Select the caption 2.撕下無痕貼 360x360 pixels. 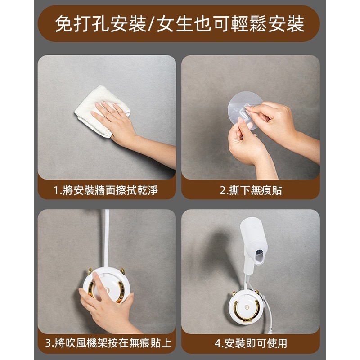pyautogui.click(x=251, y=190)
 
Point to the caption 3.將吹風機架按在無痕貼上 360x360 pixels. pyautogui.click(x=108, y=343)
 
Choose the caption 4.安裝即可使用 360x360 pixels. pyautogui.click(x=251, y=343)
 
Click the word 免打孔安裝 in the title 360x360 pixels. pyautogui.click(x=100, y=24)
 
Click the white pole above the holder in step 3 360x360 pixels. pyautogui.click(x=107, y=238)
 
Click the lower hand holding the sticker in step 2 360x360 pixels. pyautogui.click(x=245, y=144)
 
